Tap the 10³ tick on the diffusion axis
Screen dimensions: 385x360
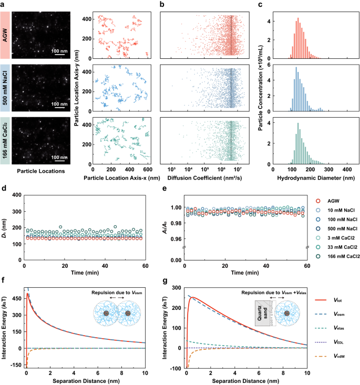pyautogui.click(x=171, y=170)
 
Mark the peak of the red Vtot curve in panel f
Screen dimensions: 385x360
pyautogui.click(x=26, y=294)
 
